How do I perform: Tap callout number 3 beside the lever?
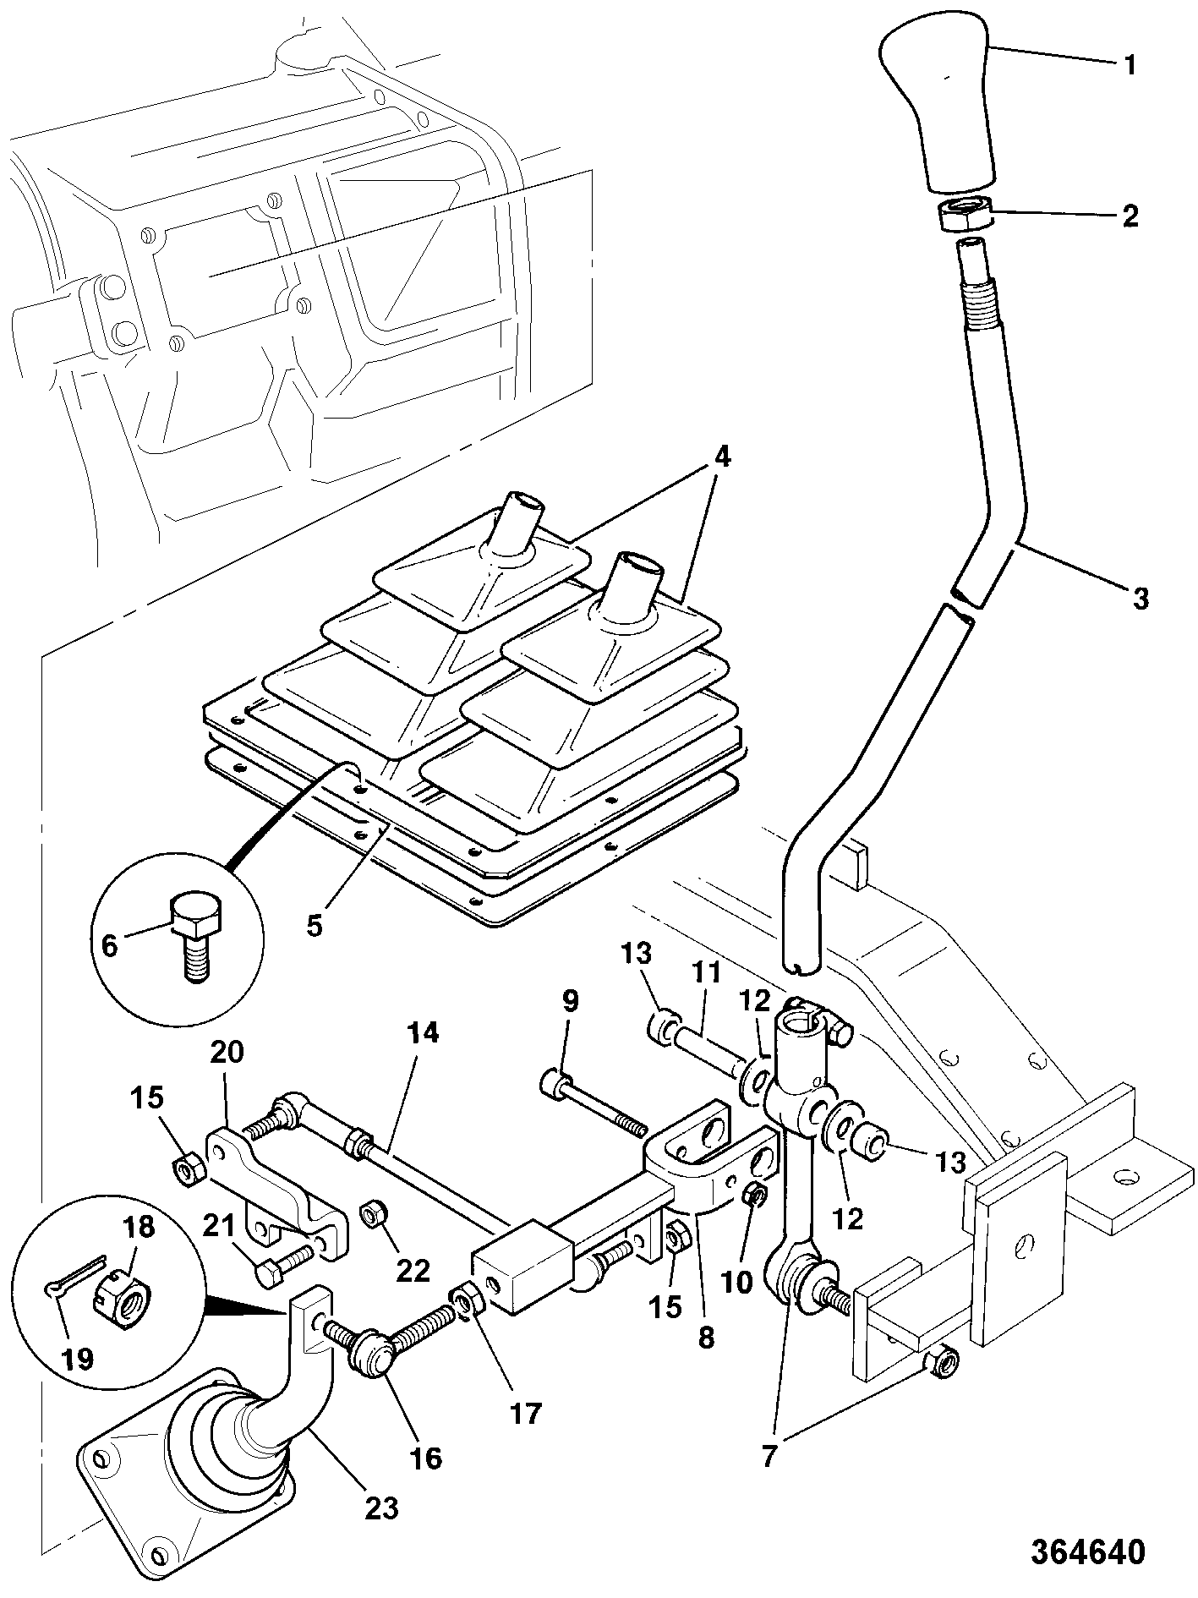pos(1141,599)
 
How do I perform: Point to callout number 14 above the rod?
pos(422,1033)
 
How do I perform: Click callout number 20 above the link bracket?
pos(226,1052)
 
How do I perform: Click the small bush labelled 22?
pos(372,1215)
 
